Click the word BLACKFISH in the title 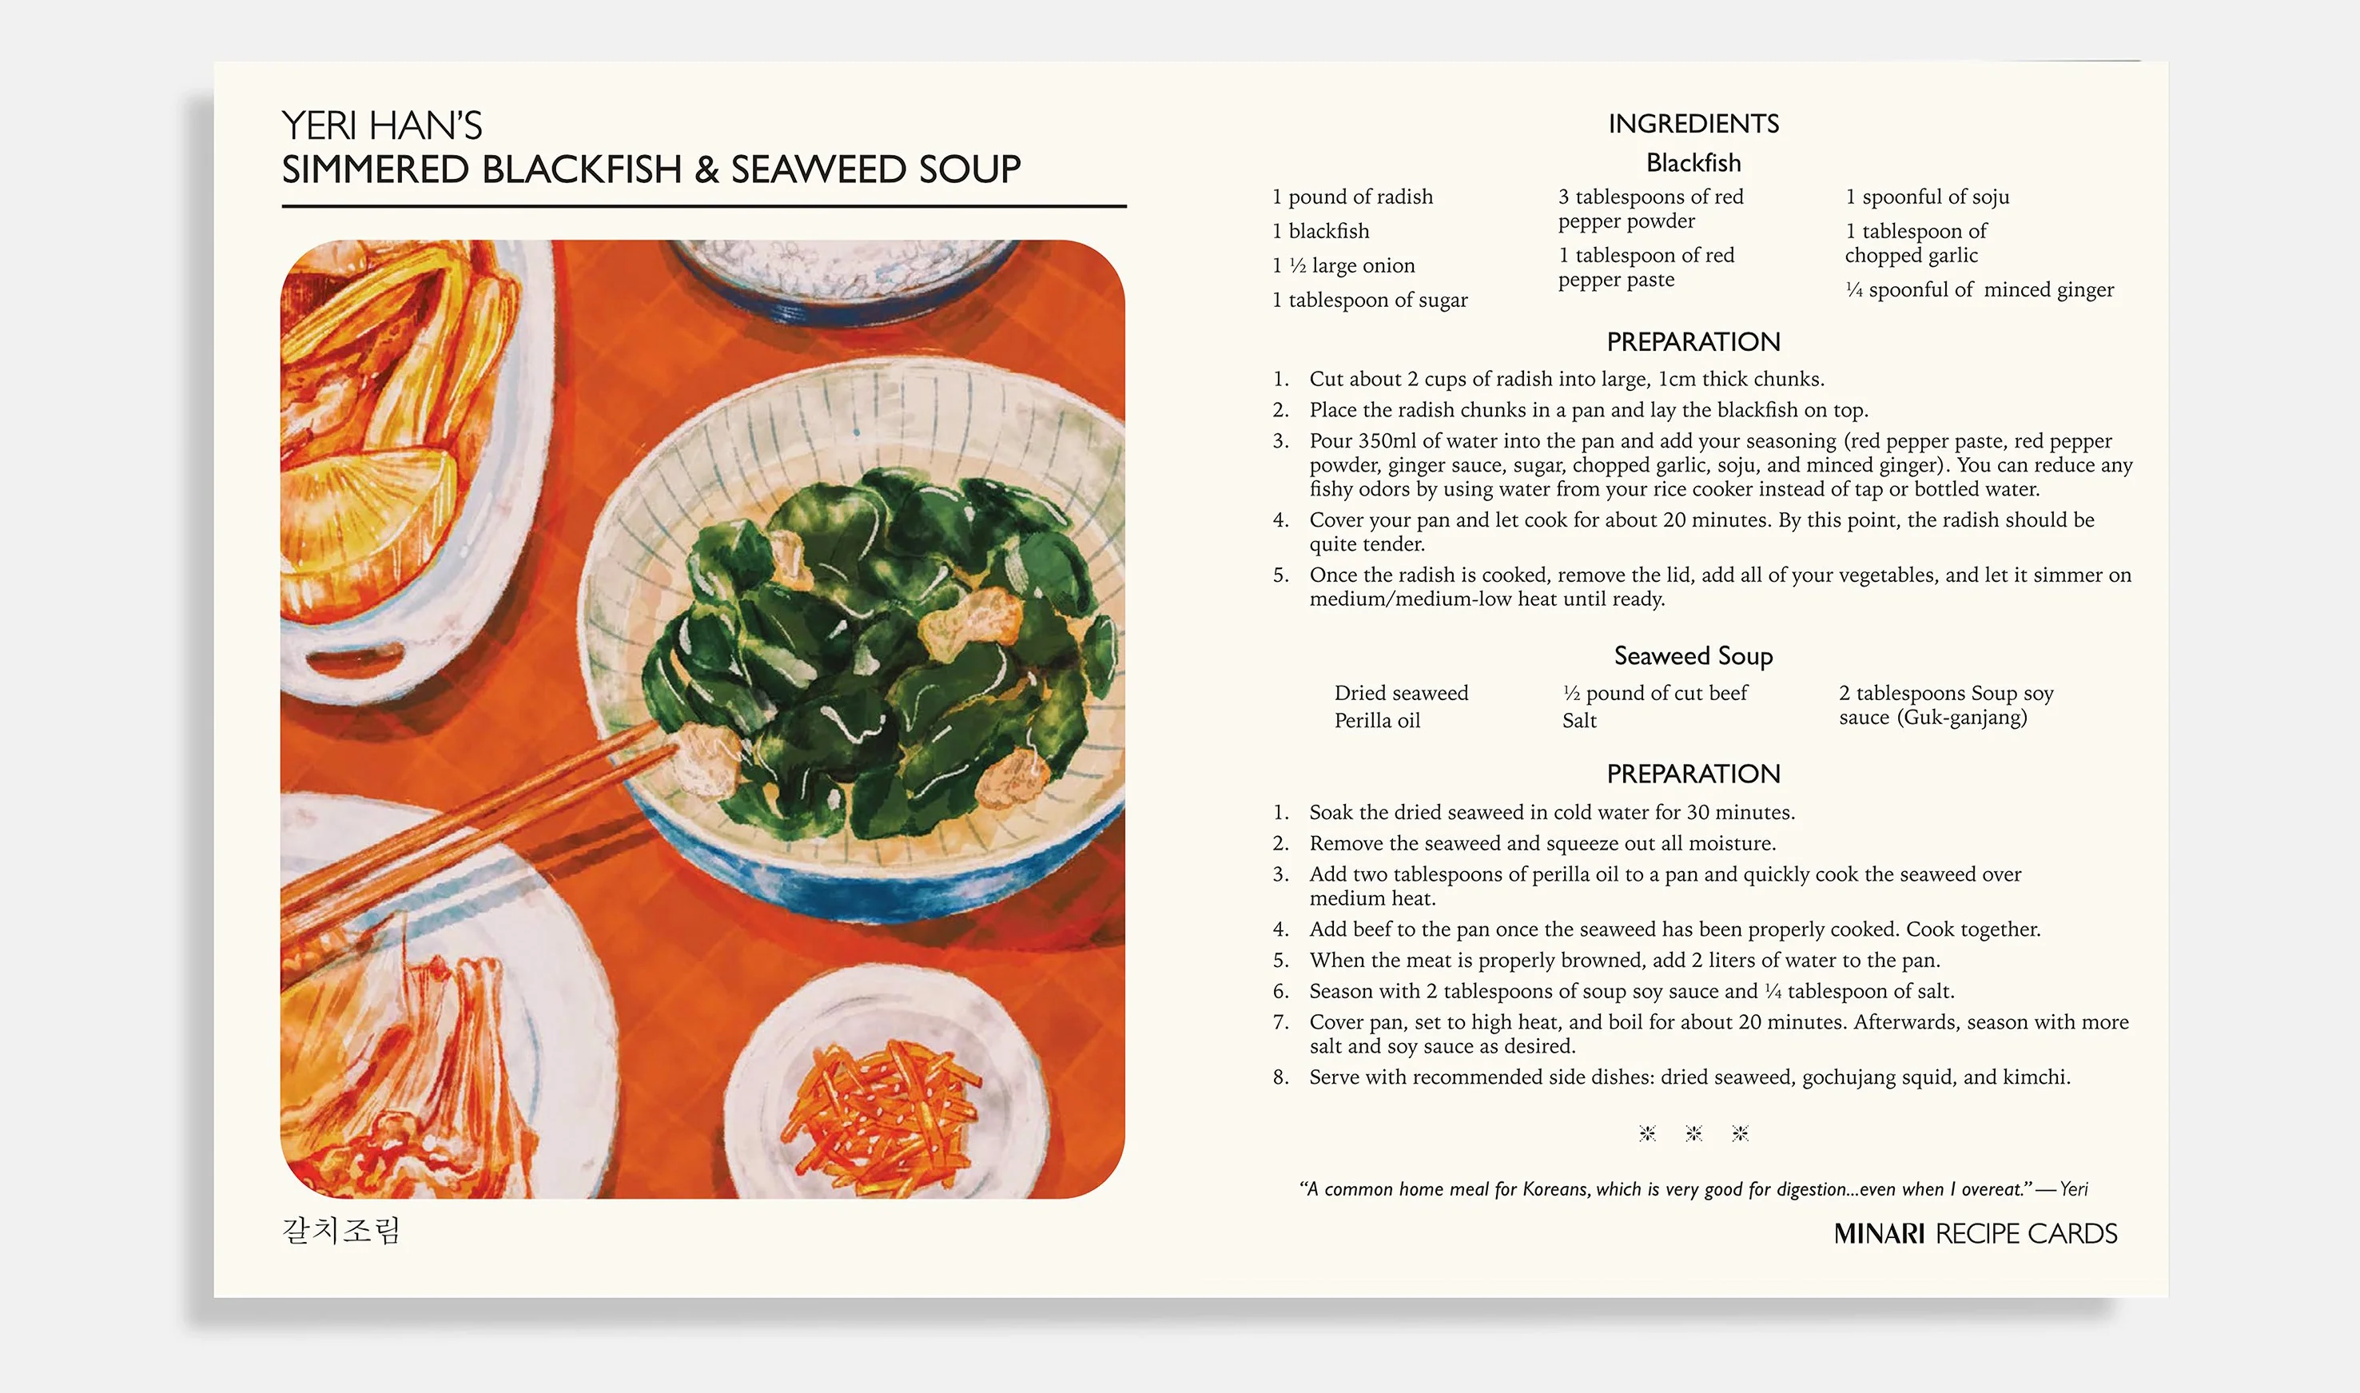(581, 170)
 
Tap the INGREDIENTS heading (1693, 124)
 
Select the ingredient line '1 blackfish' (1320, 231)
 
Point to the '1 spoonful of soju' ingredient (1927, 197)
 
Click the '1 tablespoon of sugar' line (1370, 300)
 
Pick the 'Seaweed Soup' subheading (1693, 656)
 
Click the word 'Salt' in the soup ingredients (1579, 721)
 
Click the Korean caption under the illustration (341, 1231)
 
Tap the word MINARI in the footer (1880, 1233)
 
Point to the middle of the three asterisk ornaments (1693, 1134)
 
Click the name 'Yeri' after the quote (2074, 1189)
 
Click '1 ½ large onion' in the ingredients (1343, 265)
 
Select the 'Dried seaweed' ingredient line (1401, 694)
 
